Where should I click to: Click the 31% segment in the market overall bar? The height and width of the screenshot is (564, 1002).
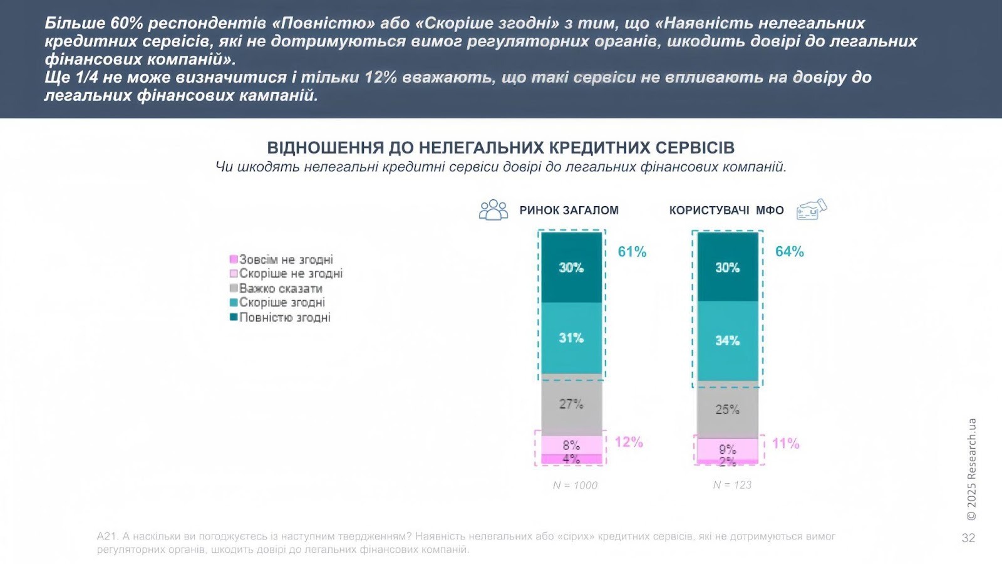coord(571,338)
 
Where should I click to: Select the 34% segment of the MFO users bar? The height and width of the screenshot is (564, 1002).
coord(727,341)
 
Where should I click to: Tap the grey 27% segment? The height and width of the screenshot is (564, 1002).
coord(571,405)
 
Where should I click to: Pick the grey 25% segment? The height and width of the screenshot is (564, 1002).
coord(727,410)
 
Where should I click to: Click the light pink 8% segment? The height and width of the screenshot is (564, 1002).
coord(571,445)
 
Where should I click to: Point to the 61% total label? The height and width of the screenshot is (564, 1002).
coord(632,252)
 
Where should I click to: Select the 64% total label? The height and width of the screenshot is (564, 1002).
coord(789,252)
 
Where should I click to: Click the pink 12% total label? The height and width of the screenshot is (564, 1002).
coord(629,442)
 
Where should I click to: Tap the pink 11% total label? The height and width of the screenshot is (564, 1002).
coord(785,444)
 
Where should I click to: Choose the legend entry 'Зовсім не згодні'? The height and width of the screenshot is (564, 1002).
coord(286,259)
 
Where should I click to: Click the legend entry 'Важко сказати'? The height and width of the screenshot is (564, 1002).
coord(281,288)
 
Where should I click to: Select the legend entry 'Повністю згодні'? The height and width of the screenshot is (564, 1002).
coord(284,318)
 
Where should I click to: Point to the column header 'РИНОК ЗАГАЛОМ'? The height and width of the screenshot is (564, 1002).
coord(569,211)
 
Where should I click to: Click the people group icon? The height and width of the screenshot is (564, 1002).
coord(493,210)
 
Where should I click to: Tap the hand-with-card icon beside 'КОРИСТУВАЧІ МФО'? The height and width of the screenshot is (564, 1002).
coord(812,209)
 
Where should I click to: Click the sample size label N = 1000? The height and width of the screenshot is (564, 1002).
coord(575,485)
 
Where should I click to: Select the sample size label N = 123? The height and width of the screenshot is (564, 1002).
coord(732,485)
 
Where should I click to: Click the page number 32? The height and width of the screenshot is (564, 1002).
coord(968,538)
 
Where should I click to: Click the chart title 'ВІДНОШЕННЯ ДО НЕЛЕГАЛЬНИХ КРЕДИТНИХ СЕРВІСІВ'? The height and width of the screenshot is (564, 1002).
coord(500,148)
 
